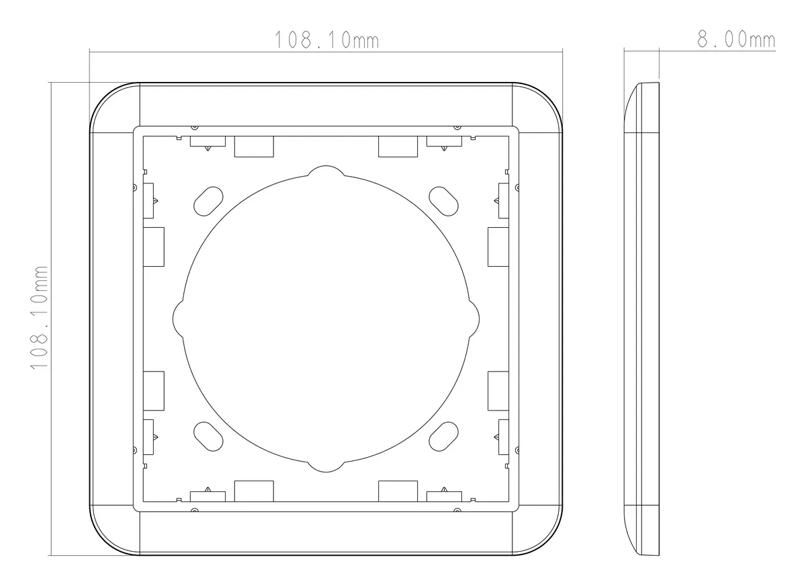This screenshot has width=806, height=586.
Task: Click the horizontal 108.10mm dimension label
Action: (x=326, y=40)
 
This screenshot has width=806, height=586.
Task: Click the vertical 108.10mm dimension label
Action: (x=39, y=318)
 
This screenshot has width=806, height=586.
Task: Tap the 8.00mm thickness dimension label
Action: (x=736, y=39)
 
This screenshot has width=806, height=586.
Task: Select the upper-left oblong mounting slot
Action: (x=208, y=201)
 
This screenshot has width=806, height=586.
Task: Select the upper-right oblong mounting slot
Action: (x=444, y=201)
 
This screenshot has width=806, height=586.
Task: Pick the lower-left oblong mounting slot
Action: (x=208, y=436)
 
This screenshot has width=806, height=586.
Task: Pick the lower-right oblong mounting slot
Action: (x=444, y=436)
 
